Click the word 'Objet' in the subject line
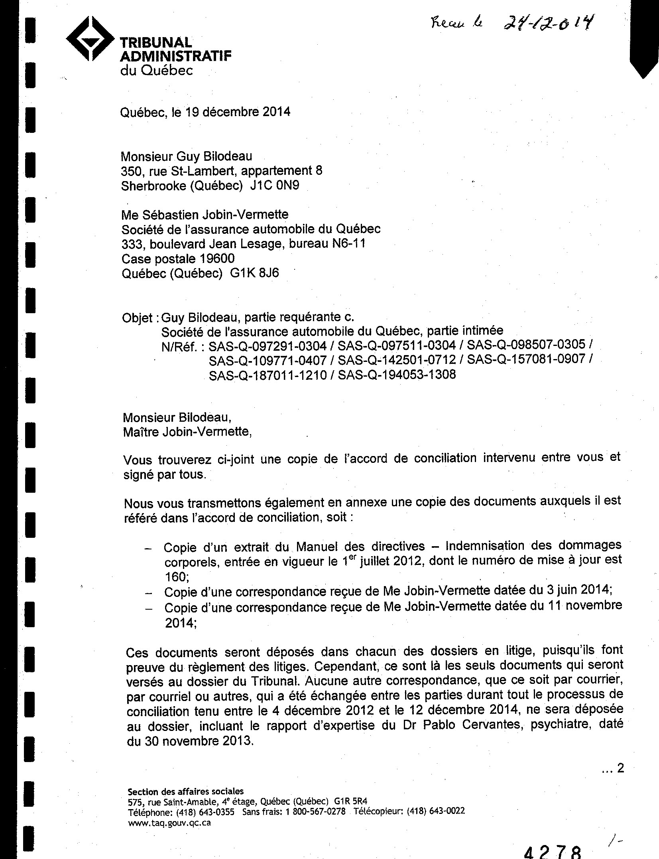(x=137, y=318)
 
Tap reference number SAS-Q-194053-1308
(x=397, y=375)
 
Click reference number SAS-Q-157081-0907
(x=526, y=360)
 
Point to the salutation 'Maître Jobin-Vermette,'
(x=187, y=432)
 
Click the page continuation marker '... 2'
(x=613, y=768)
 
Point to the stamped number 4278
(x=552, y=851)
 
